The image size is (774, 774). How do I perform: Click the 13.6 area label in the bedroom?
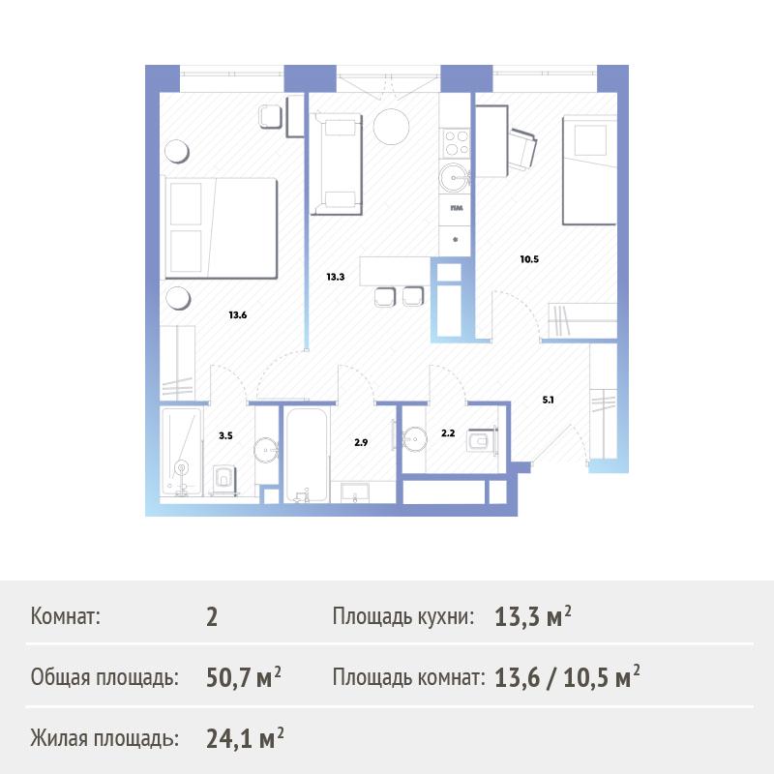[237, 315]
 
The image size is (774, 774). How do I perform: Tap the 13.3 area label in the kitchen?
[335, 277]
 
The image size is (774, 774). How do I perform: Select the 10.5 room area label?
[529, 259]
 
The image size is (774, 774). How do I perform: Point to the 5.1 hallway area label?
[548, 400]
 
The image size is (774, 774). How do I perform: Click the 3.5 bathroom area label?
[225, 436]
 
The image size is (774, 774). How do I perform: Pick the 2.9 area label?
[361, 443]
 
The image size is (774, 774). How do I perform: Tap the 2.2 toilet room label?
[448, 433]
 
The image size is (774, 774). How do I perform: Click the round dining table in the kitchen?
[391, 127]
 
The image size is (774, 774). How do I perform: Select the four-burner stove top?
[455, 143]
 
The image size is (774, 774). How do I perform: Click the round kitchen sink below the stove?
[454, 177]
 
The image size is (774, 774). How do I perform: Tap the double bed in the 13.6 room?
[222, 228]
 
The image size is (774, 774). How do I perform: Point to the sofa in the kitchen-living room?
[336, 164]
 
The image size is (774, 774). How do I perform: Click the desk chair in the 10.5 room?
[522, 149]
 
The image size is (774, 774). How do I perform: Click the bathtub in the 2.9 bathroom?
[307, 455]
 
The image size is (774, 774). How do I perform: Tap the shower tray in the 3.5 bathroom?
[181, 451]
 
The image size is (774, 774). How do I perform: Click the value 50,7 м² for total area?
[244, 677]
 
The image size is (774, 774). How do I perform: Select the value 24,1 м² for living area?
[245, 738]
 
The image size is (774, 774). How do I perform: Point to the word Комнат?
[65, 616]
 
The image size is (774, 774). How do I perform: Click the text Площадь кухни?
[403, 616]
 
